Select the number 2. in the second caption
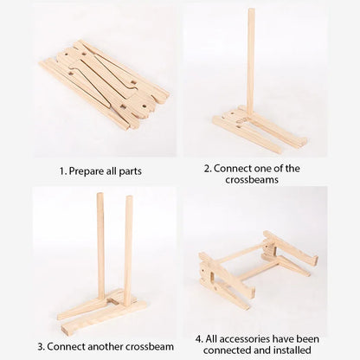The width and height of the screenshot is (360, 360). click(208, 169)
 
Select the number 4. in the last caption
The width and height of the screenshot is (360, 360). click(200, 338)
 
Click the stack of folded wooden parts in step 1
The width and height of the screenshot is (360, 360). click(104, 82)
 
